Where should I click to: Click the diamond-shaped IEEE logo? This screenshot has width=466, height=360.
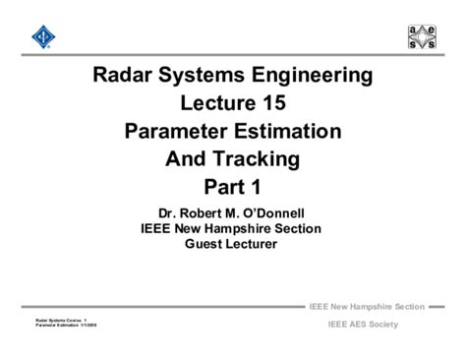pos(41,38)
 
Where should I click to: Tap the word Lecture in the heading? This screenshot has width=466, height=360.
pos(216,103)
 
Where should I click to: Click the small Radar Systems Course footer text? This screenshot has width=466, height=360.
pos(62,320)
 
